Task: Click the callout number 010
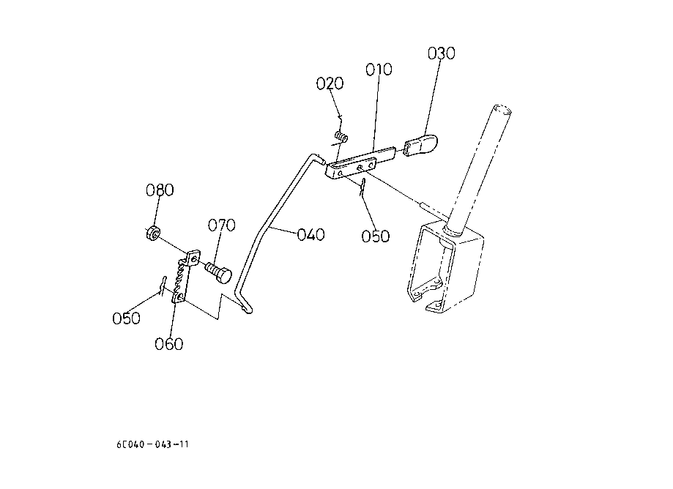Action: click(x=379, y=70)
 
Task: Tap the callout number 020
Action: click(x=330, y=83)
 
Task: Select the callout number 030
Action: click(x=442, y=53)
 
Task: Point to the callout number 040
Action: click(x=311, y=235)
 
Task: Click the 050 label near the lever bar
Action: click(x=375, y=236)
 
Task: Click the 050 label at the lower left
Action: click(x=126, y=318)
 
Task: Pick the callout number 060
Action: click(x=168, y=344)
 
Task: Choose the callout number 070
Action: click(x=221, y=225)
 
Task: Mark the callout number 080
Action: click(x=160, y=190)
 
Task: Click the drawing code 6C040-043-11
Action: click(x=152, y=444)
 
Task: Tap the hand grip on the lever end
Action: click(x=420, y=145)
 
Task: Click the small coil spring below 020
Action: click(x=342, y=137)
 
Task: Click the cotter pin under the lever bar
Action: click(x=362, y=187)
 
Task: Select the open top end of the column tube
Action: click(x=502, y=110)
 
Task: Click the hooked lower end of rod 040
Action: click(x=246, y=307)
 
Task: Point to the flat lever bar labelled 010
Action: click(x=360, y=162)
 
